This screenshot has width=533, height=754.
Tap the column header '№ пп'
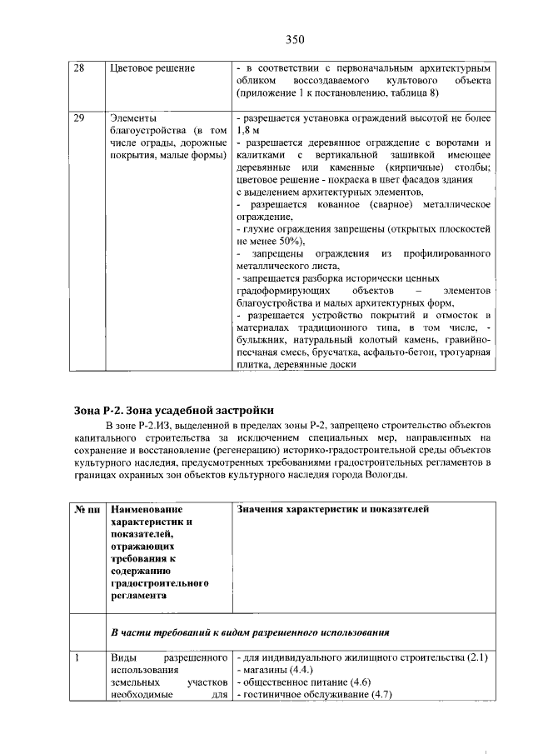pyautogui.click(x=87, y=509)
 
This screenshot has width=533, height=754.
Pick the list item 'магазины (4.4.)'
pyautogui.click(x=276, y=672)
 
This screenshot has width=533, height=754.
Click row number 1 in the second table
pyautogui.click(x=77, y=659)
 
